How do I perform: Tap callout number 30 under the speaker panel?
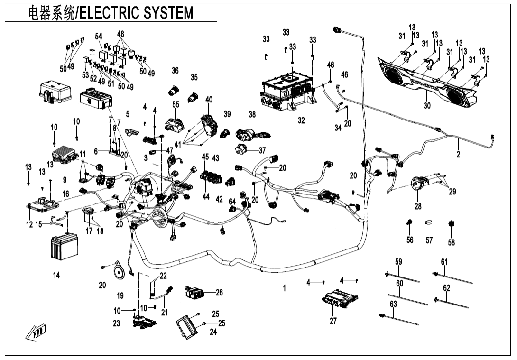427,106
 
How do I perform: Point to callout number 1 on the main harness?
285,288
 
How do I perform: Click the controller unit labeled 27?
340,298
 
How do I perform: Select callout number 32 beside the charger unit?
301,120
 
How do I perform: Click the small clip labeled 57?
429,223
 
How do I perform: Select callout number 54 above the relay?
99,37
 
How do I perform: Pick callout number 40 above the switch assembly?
209,100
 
